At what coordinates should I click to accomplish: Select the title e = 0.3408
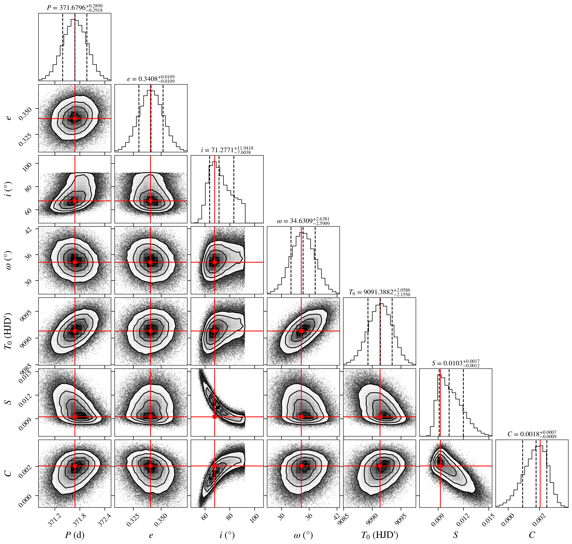[x=151, y=79]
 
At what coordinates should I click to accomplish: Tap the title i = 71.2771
[x=227, y=150]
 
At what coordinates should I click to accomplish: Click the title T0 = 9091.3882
[x=379, y=292]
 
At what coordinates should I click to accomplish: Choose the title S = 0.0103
[x=456, y=363]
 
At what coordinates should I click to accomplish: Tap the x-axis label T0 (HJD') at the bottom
[x=379, y=535]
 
